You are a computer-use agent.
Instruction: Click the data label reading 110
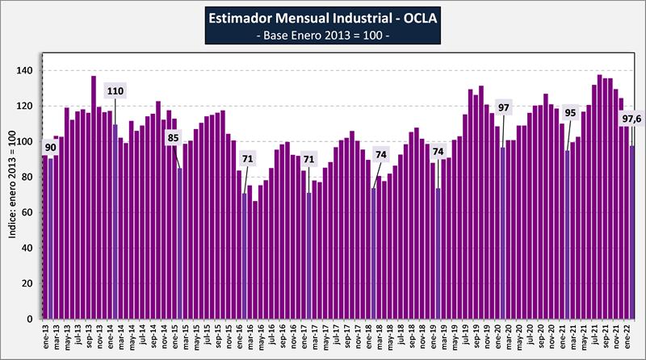(115, 91)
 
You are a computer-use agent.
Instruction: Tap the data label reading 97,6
(631, 120)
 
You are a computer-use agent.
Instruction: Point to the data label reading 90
(50, 148)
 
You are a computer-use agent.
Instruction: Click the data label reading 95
(570, 113)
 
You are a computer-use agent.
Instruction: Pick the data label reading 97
(504, 108)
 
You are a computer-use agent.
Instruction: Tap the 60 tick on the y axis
(27, 213)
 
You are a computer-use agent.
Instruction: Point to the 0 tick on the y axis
(30, 320)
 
